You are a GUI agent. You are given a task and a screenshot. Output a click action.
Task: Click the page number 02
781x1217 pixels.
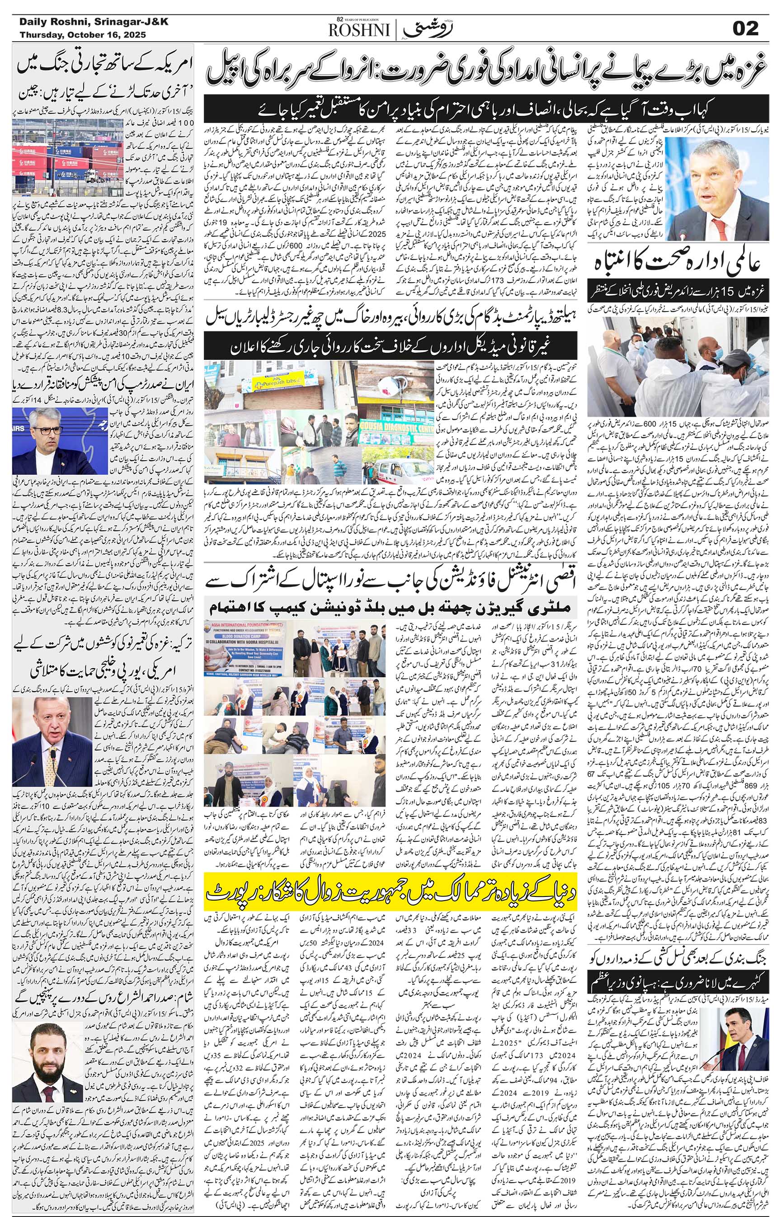coord(745,29)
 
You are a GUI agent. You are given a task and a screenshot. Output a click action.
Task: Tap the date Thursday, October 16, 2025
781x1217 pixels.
coord(83,35)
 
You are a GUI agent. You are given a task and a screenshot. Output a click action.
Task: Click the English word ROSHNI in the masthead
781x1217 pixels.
coord(360,32)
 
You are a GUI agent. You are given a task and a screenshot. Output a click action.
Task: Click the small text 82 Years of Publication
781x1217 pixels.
coord(362,20)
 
